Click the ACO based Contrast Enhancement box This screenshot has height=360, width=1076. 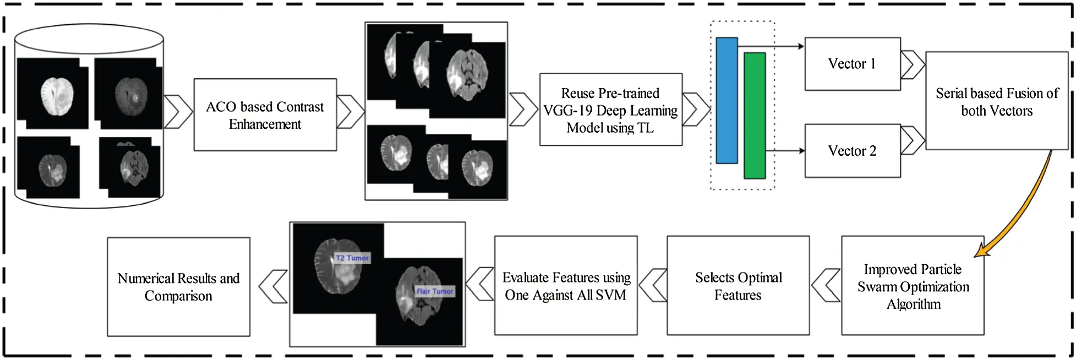click(x=265, y=114)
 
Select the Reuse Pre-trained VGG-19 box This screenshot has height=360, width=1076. click(x=610, y=110)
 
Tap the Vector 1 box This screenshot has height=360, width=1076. click(x=852, y=64)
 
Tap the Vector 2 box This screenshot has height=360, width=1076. click(x=852, y=151)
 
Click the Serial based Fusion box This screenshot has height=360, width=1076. click(x=996, y=101)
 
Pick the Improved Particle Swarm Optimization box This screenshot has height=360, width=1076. click(x=913, y=286)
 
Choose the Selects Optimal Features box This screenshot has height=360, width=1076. click(x=738, y=286)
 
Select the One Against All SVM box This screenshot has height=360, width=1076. click(x=566, y=286)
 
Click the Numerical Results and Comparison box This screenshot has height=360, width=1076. click(x=178, y=287)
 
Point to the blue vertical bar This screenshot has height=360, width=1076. click(x=727, y=100)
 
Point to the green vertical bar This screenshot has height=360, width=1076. click(x=755, y=116)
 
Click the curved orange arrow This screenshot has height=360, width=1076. click(x=1024, y=209)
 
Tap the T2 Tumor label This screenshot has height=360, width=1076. click(x=352, y=258)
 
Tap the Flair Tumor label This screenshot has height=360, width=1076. click(x=435, y=291)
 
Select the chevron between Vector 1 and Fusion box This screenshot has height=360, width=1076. click(x=913, y=64)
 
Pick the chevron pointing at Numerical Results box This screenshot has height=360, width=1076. click(x=274, y=286)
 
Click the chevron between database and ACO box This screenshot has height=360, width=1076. click(x=178, y=112)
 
